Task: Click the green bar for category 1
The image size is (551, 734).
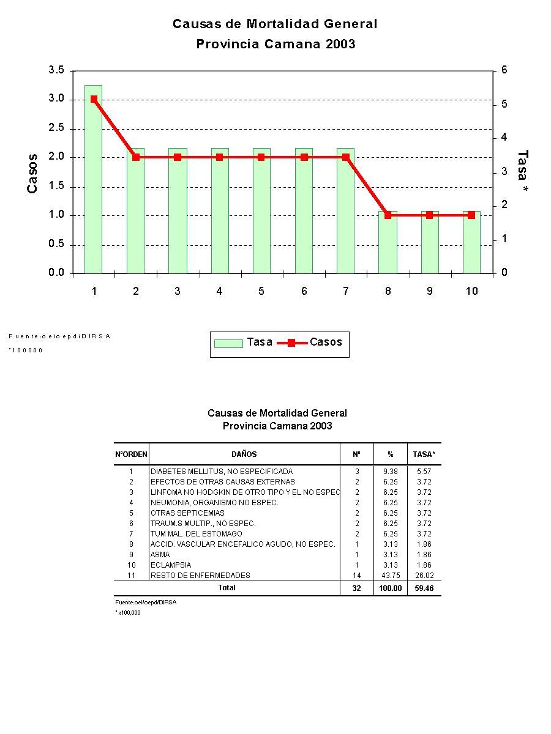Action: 93,183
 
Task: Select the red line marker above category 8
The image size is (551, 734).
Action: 388,215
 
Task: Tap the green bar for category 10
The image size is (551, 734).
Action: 471,245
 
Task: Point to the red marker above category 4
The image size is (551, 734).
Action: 219,157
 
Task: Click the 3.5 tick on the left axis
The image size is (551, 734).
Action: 56,70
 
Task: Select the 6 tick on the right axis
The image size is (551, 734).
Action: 504,70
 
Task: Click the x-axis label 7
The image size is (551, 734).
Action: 346,291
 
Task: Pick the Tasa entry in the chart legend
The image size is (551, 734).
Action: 244,343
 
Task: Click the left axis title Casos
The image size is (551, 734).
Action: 32,173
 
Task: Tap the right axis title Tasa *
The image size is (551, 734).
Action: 522,173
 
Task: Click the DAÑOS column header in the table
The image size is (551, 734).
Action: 244,454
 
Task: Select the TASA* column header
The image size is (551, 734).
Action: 424,454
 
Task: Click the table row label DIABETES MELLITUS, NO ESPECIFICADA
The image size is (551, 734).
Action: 222,472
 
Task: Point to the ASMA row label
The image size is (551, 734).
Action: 160,555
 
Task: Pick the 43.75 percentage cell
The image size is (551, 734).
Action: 390,576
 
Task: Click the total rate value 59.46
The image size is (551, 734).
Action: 424,588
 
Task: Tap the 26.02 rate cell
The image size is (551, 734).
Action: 424,576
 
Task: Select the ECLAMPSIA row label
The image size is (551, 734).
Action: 171,565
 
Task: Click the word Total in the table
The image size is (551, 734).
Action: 227,588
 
